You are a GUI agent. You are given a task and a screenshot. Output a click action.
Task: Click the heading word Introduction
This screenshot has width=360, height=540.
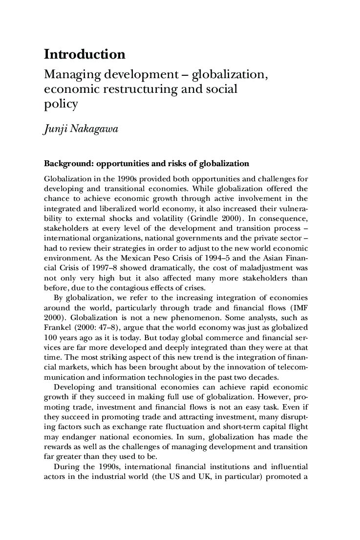(x=85, y=54)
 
